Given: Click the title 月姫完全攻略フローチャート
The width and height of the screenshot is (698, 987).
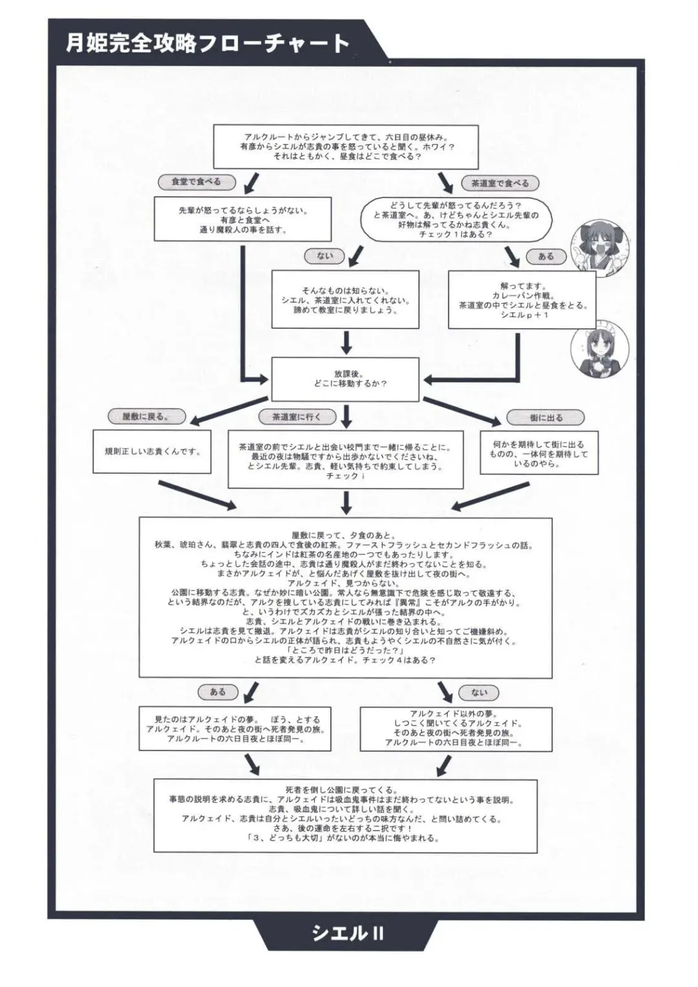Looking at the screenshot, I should click(207, 43).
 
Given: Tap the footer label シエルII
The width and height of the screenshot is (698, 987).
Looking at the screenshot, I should click(348, 933).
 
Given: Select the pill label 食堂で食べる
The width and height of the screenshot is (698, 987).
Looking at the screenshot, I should click(195, 182).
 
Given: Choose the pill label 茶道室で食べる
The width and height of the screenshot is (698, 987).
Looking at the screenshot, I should click(500, 184).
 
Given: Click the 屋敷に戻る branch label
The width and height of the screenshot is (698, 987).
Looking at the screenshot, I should click(145, 417).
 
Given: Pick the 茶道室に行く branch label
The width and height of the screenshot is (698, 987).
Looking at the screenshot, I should click(296, 417).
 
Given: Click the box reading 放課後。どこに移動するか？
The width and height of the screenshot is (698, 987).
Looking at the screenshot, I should click(346, 379).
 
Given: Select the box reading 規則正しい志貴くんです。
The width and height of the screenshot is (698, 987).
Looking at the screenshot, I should click(153, 452).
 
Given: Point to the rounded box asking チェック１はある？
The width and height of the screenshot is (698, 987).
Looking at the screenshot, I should click(456, 220).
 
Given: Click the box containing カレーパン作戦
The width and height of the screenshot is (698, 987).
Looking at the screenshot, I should click(522, 300).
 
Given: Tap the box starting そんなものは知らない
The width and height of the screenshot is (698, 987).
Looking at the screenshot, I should click(345, 300).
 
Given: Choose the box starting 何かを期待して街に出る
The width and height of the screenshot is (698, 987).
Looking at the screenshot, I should click(538, 454).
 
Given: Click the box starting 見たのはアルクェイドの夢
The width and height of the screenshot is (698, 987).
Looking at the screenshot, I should click(235, 728).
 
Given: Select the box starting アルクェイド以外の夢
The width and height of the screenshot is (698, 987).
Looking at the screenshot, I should click(456, 728).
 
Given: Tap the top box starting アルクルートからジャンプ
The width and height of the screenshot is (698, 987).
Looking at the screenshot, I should click(346, 147).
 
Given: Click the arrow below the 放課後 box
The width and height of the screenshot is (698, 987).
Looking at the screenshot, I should click(346, 416).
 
